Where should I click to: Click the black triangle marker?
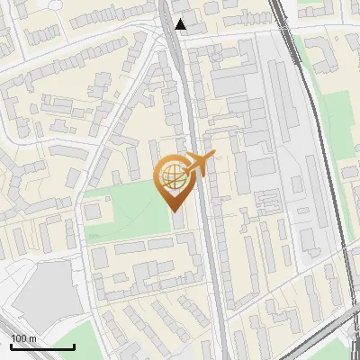pyautogui.click(x=182, y=24)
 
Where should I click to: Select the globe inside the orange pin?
pyautogui.click(x=171, y=176)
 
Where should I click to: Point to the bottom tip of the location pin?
pyautogui.click(x=171, y=209)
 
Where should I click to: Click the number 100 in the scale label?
pyautogui.click(x=19, y=338)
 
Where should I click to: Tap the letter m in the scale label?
pyautogui.click(x=32, y=338)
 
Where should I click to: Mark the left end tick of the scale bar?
pyautogui.click(x=10, y=346)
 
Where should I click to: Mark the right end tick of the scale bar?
pyautogui.click(x=74, y=346)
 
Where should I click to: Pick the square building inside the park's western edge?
pyautogui.click(x=93, y=211)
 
